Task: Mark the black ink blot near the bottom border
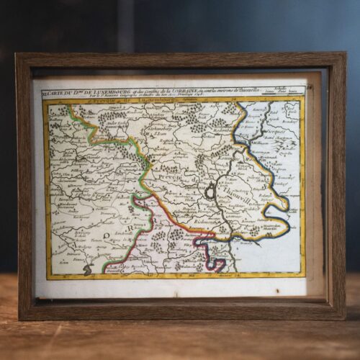pos(88,270)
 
